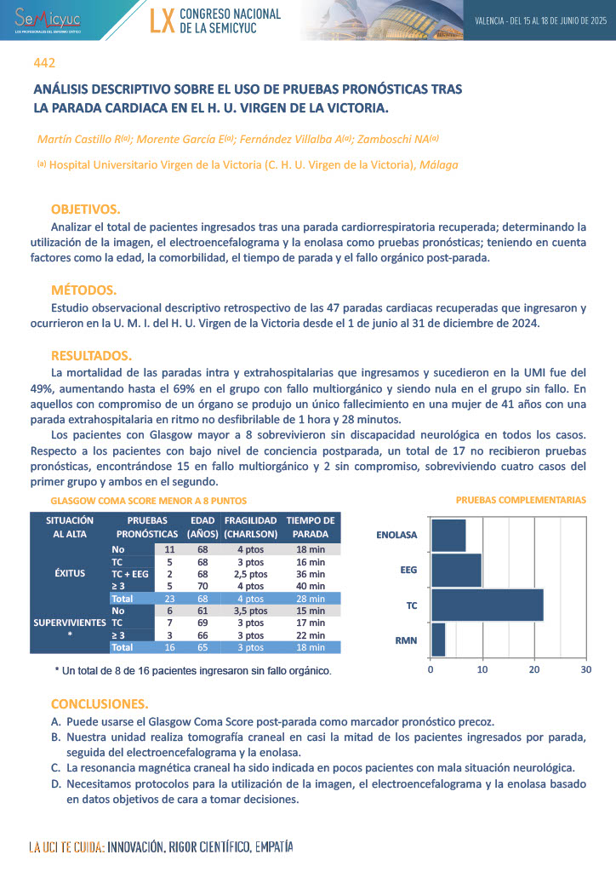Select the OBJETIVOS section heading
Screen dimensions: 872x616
tap(85, 209)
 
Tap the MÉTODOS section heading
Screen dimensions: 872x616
tap(83, 290)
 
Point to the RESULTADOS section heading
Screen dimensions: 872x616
tap(91, 355)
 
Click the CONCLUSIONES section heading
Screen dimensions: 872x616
tap(99, 704)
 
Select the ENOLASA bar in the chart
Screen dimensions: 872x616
tap(448, 535)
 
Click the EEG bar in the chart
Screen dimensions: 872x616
tap(456, 570)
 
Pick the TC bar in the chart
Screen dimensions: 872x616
tap(487, 605)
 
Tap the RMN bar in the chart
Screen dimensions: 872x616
tap(438, 639)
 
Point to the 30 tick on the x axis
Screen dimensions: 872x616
tap(585, 670)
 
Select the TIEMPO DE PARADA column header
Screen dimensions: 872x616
tap(311, 526)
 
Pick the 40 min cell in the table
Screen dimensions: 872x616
tap(311, 586)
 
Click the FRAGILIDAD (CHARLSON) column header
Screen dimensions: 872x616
tap(250, 526)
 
